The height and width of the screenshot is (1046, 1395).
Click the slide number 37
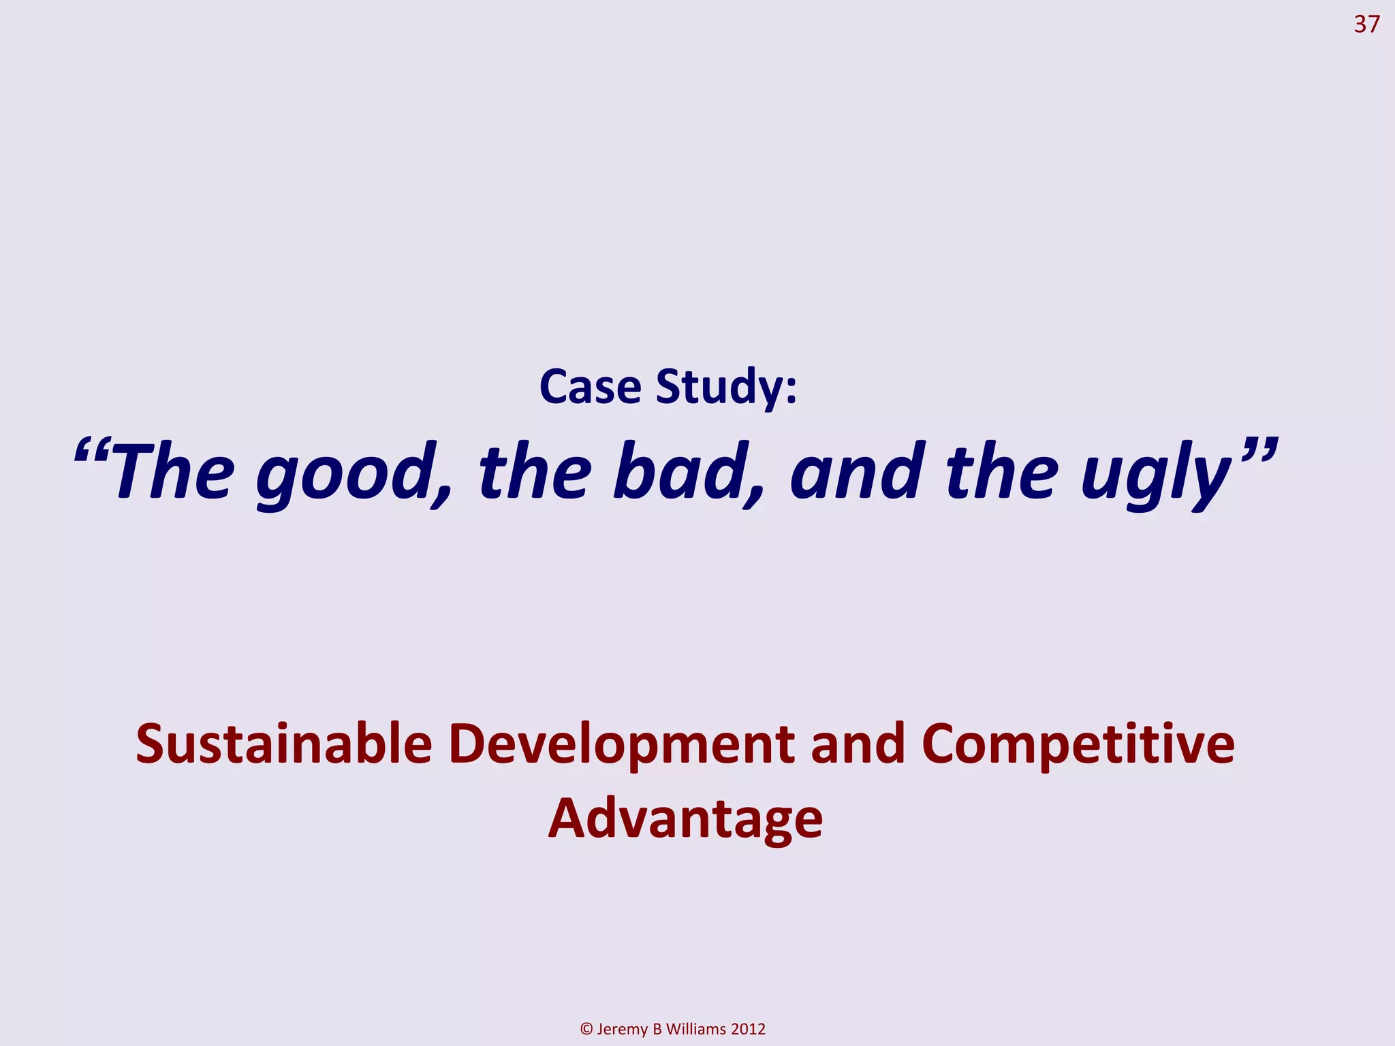click(1366, 25)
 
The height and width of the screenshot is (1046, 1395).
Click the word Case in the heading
click(590, 387)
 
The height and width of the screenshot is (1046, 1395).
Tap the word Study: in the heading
click(725, 387)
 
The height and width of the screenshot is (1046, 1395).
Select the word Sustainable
click(283, 744)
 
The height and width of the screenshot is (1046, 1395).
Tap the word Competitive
click(1078, 744)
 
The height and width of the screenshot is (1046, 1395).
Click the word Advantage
click(685, 819)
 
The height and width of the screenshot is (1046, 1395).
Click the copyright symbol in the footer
click(586, 1029)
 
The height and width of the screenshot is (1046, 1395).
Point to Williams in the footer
click(696, 1029)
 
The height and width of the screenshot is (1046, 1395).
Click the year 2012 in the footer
click(749, 1029)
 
